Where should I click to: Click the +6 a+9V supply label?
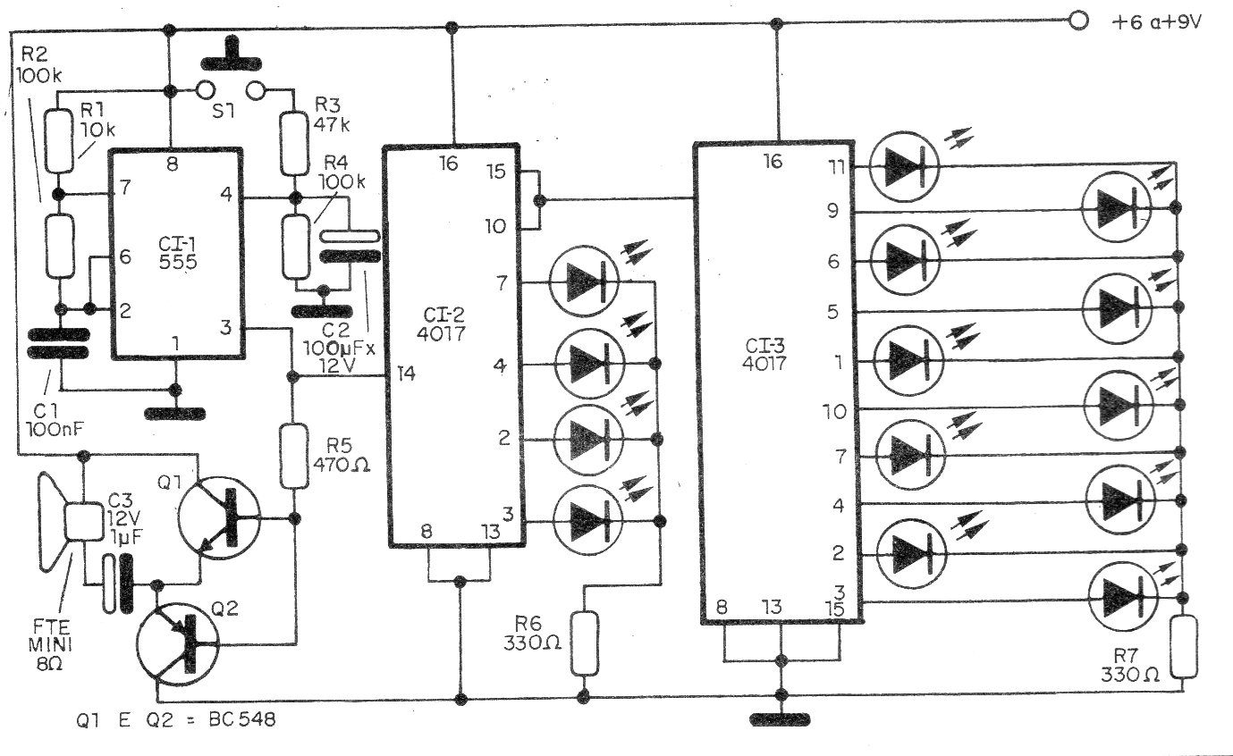1156,22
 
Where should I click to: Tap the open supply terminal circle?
1078,21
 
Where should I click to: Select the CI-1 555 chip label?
178,253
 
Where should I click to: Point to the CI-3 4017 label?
764,354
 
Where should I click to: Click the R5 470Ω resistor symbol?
294,456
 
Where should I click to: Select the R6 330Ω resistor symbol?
584,643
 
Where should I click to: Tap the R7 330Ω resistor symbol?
1183,647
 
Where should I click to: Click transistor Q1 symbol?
219,519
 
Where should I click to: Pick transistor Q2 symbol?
178,644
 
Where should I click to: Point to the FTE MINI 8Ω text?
50,645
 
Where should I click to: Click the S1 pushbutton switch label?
224,112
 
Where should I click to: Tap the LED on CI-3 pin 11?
904,166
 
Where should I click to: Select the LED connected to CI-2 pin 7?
584,281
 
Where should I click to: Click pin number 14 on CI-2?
406,374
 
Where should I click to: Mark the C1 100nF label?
54,420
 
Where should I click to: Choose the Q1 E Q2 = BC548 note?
176,719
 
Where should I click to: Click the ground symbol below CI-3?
780,719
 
